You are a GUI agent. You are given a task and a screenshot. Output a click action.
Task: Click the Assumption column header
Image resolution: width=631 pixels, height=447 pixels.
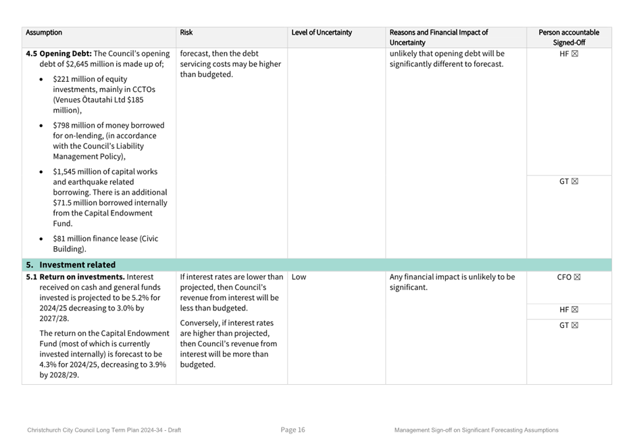44,32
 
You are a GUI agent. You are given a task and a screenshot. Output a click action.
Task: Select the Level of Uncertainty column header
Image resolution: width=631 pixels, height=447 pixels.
322,32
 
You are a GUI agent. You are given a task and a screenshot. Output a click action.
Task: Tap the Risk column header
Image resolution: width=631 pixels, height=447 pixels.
186,32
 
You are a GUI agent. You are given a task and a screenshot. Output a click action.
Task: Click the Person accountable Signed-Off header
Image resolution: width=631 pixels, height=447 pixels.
569,37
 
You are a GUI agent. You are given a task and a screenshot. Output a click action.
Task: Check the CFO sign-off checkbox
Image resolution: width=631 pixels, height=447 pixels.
577,277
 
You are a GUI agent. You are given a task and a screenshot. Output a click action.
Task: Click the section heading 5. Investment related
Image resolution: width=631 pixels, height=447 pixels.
76,265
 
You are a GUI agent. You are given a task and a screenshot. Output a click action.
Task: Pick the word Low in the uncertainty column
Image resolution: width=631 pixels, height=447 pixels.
299,277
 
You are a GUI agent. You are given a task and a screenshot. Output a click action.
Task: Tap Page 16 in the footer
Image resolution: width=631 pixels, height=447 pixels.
293,430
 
